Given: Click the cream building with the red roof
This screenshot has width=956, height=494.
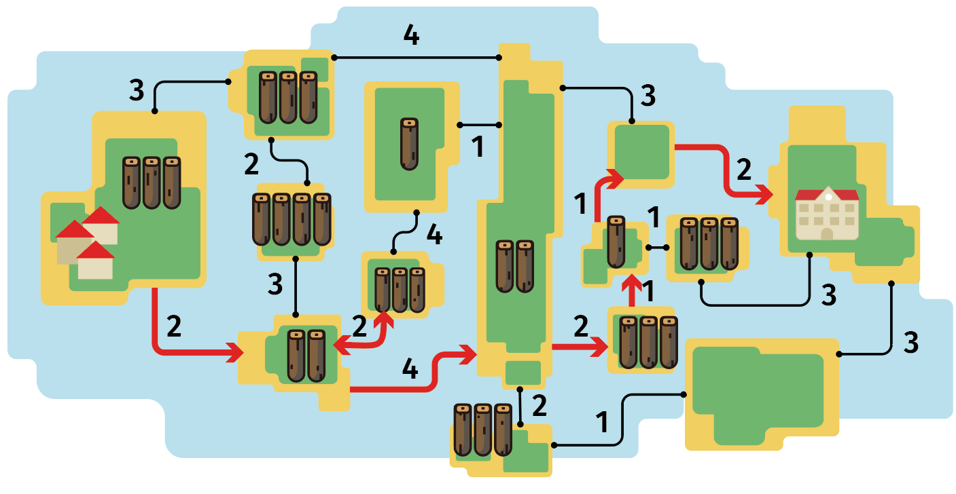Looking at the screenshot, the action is [x=827, y=213].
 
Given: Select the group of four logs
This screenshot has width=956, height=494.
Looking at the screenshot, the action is [x=292, y=219].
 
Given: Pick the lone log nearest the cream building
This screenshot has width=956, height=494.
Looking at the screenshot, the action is [x=616, y=242].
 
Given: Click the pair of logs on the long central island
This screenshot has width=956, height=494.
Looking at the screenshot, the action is [x=515, y=267].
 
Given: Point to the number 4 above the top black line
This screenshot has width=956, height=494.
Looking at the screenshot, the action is [x=412, y=35].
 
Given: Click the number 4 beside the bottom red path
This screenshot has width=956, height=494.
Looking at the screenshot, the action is [x=410, y=368].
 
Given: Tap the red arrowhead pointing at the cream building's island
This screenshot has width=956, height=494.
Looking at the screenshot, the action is [x=764, y=195].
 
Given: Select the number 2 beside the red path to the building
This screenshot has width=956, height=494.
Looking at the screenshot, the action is [x=744, y=170].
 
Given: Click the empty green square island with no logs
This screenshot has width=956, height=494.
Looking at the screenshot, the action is [x=641, y=152].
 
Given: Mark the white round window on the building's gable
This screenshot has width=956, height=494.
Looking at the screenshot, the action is [x=828, y=197].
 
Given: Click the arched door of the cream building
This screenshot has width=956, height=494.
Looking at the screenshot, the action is [x=827, y=233].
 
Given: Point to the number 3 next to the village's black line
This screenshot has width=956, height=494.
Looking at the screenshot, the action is [x=137, y=90].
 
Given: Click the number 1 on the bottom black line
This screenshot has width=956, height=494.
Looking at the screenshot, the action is [x=602, y=422].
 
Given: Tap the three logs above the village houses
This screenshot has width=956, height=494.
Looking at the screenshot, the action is [x=152, y=183].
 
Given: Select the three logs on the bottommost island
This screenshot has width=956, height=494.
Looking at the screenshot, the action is [x=482, y=430].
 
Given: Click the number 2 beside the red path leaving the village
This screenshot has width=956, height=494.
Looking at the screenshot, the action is [x=174, y=326].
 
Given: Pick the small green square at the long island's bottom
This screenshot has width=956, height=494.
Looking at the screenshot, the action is [x=523, y=373].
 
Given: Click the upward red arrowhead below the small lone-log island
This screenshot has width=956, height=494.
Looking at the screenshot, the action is [x=632, y=284].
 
